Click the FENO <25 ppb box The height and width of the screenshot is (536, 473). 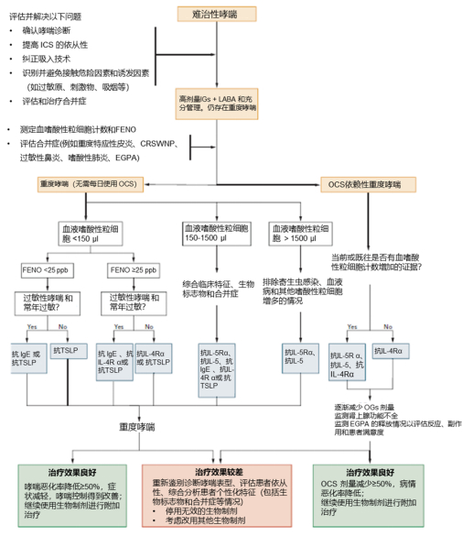[x=45, y=271]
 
